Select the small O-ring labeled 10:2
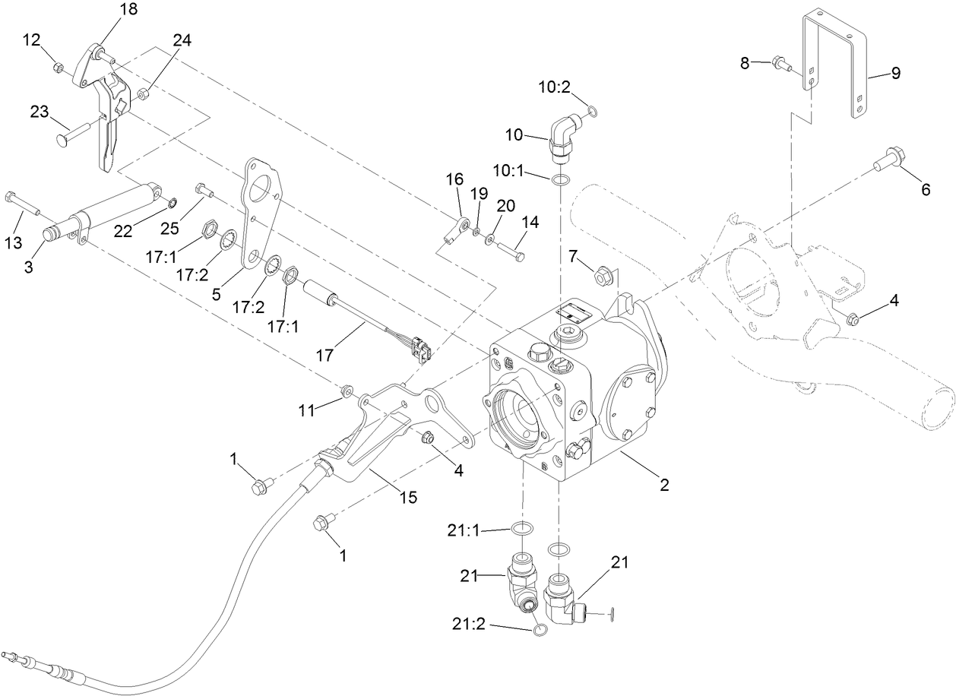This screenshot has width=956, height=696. pos(593,114)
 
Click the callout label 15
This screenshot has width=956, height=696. pos(408,497)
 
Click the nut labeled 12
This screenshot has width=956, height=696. pos(59,68)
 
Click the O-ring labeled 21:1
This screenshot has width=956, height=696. pos(521,528)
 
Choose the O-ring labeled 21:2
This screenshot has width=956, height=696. pos(540,631)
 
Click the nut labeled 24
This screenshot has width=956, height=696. pos(142,94)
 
